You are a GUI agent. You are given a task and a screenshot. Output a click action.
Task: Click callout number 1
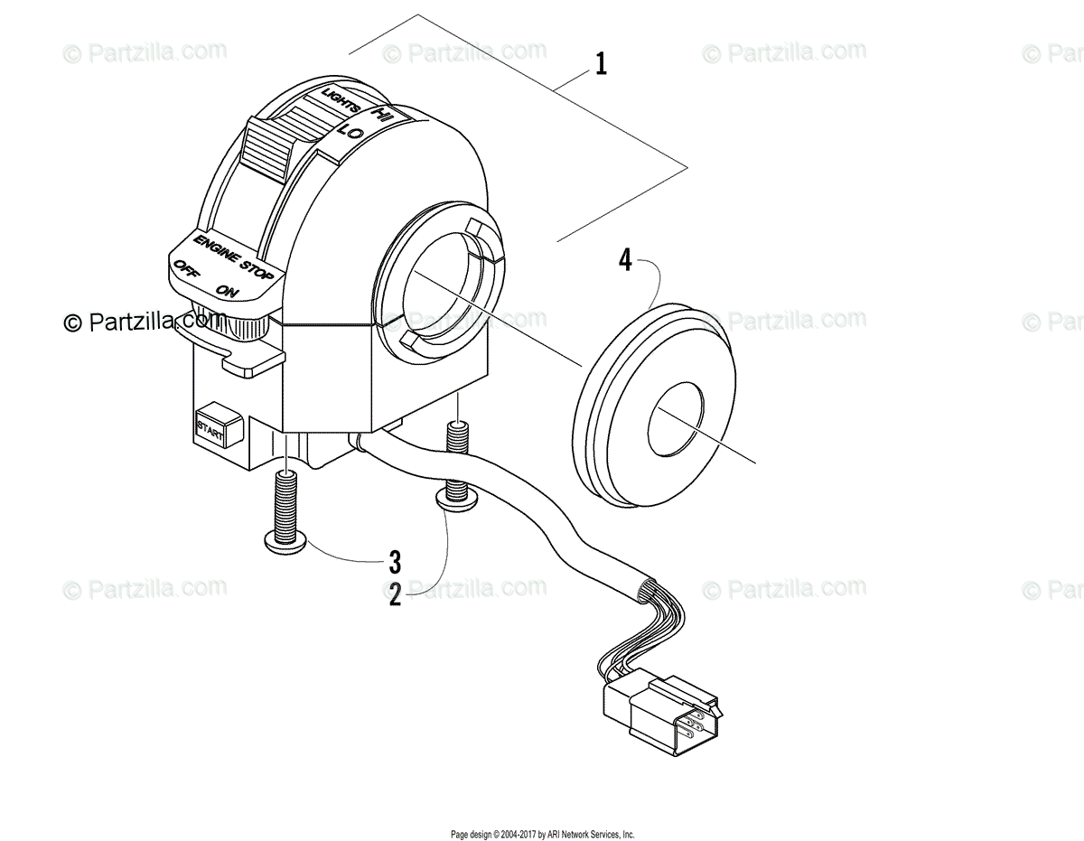[x=601, y=65]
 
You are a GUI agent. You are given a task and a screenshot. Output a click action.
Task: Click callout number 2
[x=395, y=597]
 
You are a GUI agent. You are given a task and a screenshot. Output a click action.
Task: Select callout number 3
[x=395, y=562]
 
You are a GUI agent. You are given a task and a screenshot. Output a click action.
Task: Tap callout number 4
[x=624, y=261]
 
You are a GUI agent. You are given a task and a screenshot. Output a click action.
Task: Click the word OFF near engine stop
[x=187, y=267]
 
